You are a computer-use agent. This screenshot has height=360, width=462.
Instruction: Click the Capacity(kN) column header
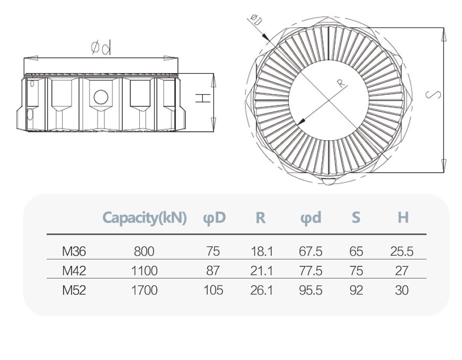coord(144,218)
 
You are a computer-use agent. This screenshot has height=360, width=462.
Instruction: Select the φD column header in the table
coord(214,218)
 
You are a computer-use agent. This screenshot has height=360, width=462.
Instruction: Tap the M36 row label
coord(74,251)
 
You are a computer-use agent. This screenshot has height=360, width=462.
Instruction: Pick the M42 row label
coord(74,271)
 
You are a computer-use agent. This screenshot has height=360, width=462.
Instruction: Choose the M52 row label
coord(74,290)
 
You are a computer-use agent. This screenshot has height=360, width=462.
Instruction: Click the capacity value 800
coord(144,251)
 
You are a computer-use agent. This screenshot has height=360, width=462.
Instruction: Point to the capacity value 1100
coord(144,271)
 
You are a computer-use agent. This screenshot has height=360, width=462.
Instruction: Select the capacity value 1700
coord(144,290)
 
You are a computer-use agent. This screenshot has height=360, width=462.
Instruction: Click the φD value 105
coord(214,290)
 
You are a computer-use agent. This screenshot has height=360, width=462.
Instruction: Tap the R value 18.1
coord(261,251)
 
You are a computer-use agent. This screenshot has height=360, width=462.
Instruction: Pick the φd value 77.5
coord(310,271)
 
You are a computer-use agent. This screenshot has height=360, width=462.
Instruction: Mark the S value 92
coord(357,290)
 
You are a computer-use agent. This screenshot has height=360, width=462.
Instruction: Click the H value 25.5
coord(402,251)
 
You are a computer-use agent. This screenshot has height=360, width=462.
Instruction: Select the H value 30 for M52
coord(402,290)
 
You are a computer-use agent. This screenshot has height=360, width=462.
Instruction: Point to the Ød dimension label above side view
coord(101,48)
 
